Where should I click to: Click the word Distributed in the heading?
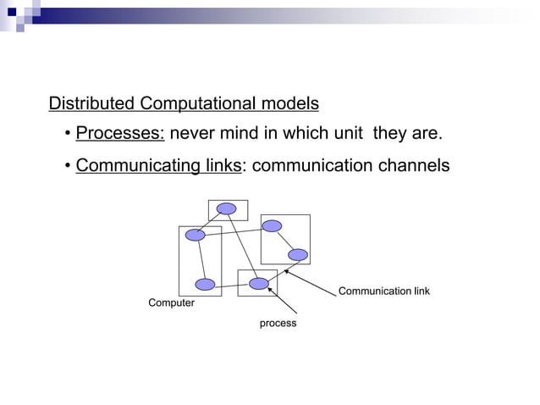[x=92, y=104]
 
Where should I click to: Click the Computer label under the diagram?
[x=171, y=303]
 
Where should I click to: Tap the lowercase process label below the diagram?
[x=278, y=324]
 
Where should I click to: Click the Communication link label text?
[x=383, y=291]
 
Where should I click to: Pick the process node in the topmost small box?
[x=226, y=208]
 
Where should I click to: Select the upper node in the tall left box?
[x=196, y=235]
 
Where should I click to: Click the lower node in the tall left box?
[x=205, y=285]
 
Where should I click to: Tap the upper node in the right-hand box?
[x=272, y=225]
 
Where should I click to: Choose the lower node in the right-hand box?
[x=297, y=254]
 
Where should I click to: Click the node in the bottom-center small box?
[x=259, y=284]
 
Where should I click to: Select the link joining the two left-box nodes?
[x=200, y=259]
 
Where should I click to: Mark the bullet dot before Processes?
[x=67, y=136]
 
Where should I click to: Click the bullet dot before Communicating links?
[x=67, y=166]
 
